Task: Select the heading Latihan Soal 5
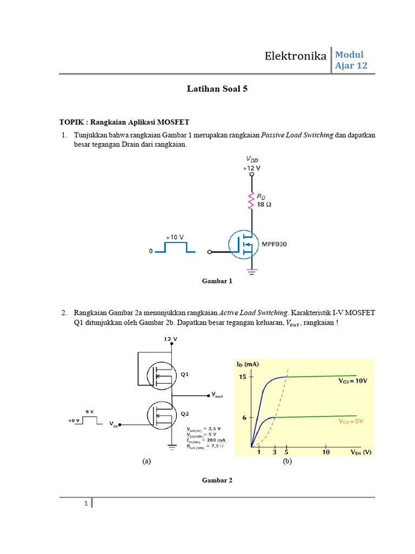217,89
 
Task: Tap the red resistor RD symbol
251,200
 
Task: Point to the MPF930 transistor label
275,244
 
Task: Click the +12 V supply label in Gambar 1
251,168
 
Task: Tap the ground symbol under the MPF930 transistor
251,271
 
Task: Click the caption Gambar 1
217,281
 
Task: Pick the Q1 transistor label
184,374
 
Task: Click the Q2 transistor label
184,414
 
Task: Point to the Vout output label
217,395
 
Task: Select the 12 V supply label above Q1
170,339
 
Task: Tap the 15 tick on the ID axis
243,377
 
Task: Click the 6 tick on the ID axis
245,417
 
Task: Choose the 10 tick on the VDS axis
326,452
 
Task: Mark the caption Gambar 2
217,480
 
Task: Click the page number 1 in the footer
85,504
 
